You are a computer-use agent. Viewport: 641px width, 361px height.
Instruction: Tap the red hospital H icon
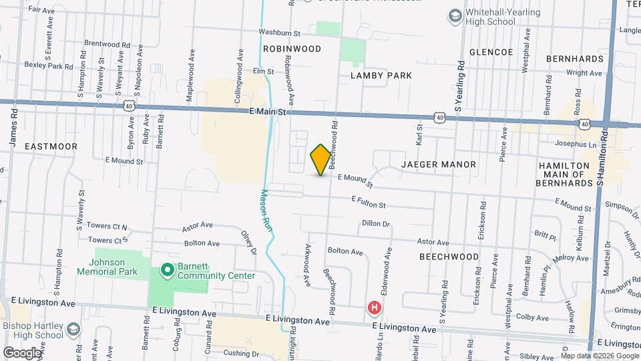(x=375, y=308)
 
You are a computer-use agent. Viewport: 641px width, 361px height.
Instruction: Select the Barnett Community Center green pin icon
(x=167, y=271)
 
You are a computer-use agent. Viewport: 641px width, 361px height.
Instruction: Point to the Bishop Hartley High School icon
(x=73, y=330)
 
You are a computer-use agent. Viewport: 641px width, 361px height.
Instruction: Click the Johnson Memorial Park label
(x=107, y=267)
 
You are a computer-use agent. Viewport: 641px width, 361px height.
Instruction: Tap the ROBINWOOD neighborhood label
(x=292, y=49)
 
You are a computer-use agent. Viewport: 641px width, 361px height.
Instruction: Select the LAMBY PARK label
(x=381, y=76)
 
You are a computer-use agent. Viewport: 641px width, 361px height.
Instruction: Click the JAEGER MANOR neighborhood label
(x=439, y=164)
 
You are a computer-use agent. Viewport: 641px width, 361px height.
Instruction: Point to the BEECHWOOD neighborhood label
(x=449, y=257)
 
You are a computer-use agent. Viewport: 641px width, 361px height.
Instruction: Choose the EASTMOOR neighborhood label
(x=51, y=146)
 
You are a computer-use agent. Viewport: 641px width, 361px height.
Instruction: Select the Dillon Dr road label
(x=375, y=223)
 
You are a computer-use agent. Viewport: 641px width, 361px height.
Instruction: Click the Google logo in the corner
(x=22, y=352)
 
